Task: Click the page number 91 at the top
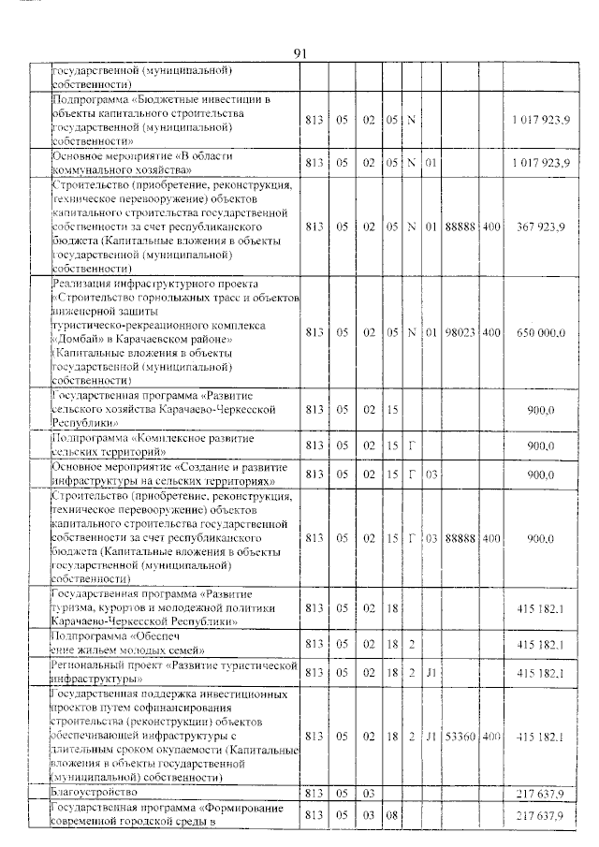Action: pyautogui.click(x=300, y=53)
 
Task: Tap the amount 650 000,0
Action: pyautogui.click(x=541, y=332)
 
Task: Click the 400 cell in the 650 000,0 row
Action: pyautogui.click(x=491, y=332)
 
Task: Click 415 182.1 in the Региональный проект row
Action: pyautogui.click(x=540, y=671)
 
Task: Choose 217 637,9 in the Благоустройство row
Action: pyautogui.click(x=540, y=794)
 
